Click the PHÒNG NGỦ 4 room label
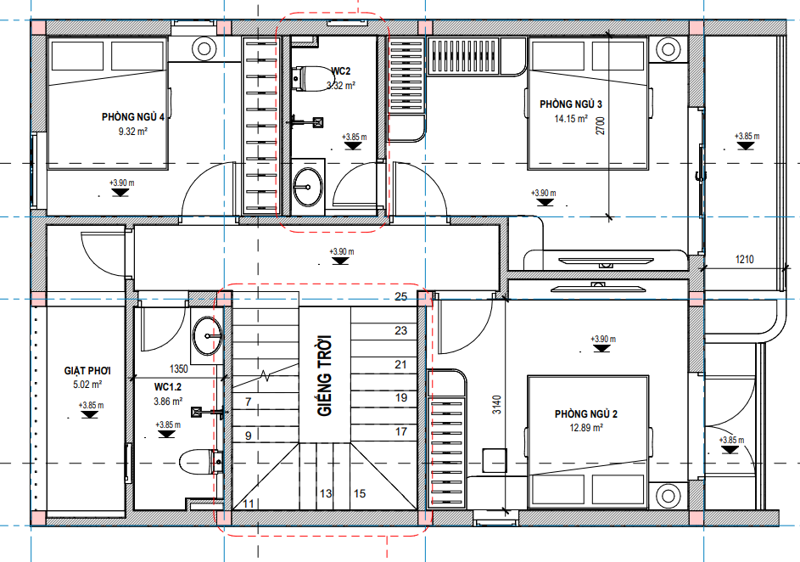132,117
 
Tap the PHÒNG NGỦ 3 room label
571,104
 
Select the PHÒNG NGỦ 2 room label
586,414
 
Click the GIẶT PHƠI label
87,371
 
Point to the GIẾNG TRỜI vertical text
324,375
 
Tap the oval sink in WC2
308,187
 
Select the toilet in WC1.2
201,462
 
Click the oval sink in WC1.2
207,335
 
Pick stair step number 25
401,296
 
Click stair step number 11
249,504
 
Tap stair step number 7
249,402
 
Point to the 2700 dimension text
600,126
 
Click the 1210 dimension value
744,259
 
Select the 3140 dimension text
497,404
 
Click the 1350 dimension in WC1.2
178,368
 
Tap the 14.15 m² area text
571,118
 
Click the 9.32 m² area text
132,132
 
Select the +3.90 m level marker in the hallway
341,256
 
